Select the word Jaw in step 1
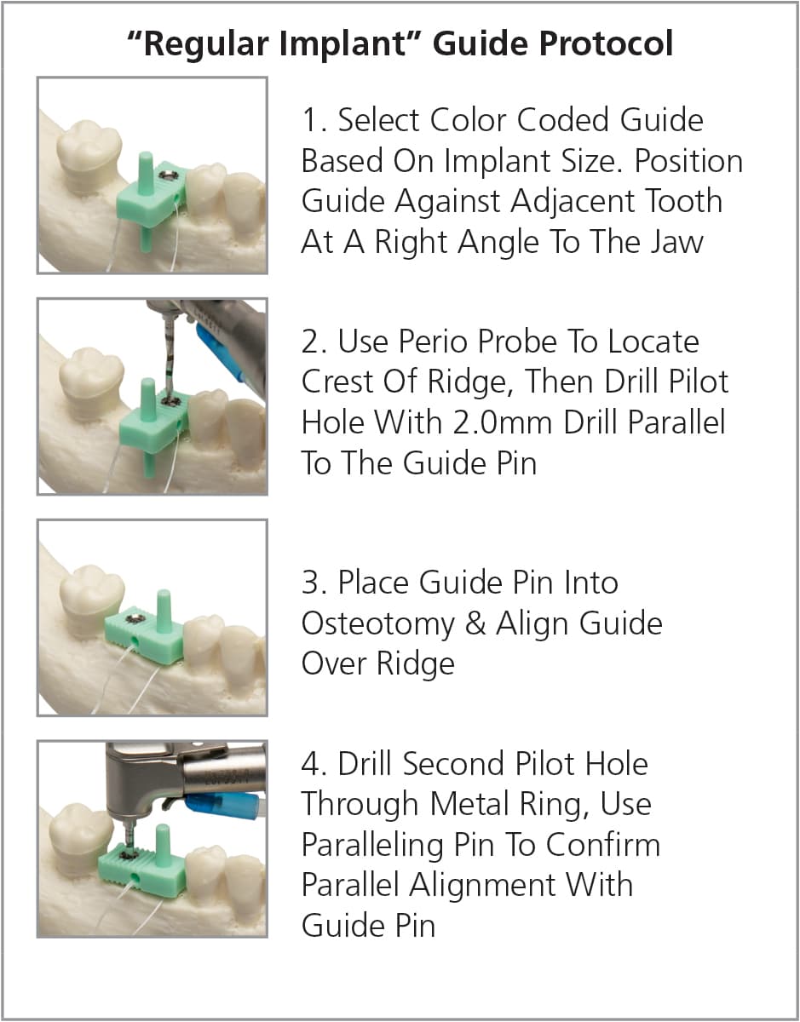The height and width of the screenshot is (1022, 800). tap(674, 242)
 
